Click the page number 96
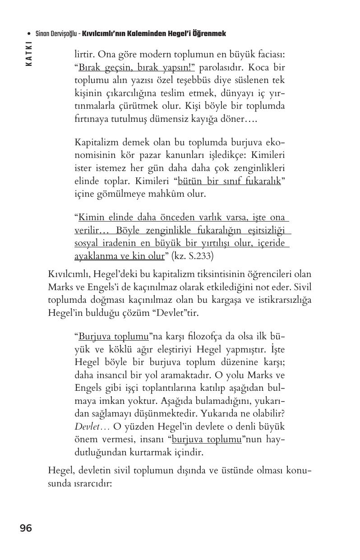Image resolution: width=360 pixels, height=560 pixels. [x=26, y=528]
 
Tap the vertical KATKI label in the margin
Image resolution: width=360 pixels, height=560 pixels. [x=29, y=54]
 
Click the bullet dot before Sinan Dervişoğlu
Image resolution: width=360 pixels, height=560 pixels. [x=29, y=34]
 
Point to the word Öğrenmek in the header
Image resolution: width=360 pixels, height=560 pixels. [x=211, y=34]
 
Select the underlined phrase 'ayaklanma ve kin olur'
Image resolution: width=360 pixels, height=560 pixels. [x=119, y=256]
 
